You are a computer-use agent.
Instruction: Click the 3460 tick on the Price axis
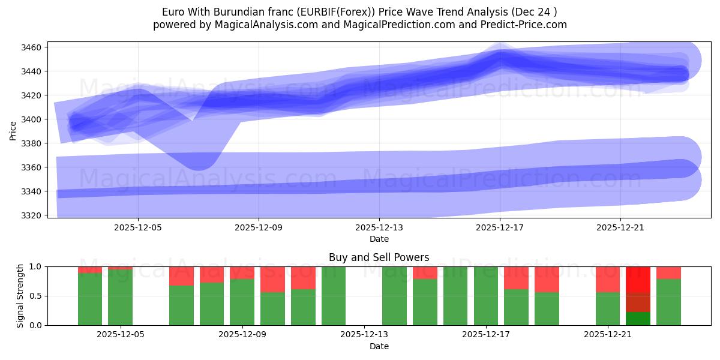point(31,47)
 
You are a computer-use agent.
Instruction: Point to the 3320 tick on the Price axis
point(31,215)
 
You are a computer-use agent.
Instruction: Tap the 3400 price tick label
point(31,119)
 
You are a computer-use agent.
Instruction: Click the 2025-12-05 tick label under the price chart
point(138,228)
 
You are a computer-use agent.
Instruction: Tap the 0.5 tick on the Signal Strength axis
point(36,296)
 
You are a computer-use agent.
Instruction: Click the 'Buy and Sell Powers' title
point(379,257)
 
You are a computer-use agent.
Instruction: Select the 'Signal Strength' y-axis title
point(20,295)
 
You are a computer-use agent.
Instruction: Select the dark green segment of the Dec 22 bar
point(638,319)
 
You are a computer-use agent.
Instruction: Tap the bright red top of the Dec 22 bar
point(638,279)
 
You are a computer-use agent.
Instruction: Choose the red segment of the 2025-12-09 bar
point(242,272)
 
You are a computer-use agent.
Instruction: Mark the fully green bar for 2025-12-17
point(485,296)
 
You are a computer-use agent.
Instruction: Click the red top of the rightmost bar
point(668,272)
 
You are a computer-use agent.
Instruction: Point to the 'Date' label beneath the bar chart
point(379,346)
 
